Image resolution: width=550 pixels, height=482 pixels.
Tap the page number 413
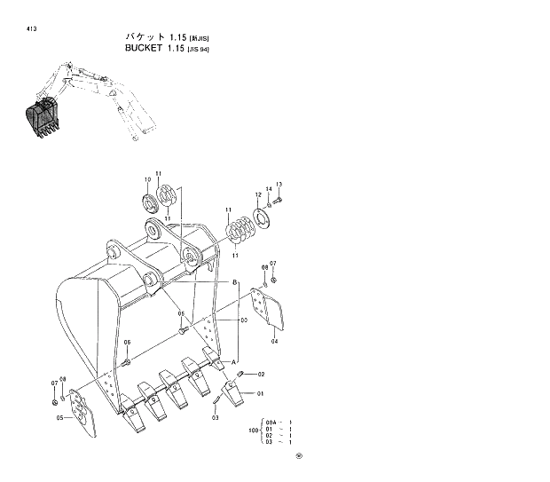(x=32, y=28)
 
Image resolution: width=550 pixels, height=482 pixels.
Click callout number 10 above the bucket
(x=147, y=180)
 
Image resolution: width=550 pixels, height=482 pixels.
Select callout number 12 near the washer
(x=259, y=194)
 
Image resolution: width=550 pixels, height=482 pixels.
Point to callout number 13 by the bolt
(x=279, y=184)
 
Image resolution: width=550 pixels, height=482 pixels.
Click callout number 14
(x=269, y=189)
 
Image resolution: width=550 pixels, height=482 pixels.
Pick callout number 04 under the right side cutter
(x=274, y=341)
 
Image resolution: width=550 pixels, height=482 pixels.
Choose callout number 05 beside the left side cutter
(x=59, y=417)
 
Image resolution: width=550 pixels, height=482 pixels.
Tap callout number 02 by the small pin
(x=262, y=374)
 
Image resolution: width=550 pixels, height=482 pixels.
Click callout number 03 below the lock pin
(x=215, y=416)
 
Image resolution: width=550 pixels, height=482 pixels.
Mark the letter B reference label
(x=235, y=281)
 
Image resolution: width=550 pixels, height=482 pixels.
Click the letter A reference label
(x=234, y=361)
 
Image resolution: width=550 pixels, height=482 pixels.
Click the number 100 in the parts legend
(x=255, y=431)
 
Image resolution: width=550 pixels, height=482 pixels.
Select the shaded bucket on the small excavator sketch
(x=39, y=118)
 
